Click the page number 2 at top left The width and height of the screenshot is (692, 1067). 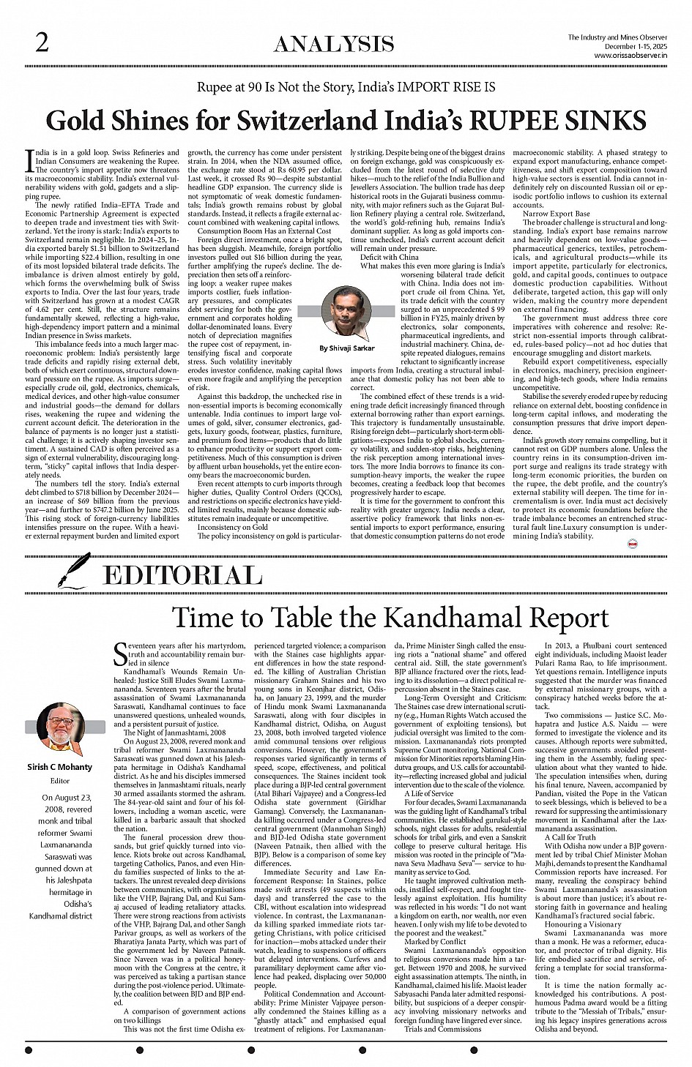(42, 43)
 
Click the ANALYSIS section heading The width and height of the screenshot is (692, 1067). (333, 46)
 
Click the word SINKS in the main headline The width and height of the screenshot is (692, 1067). (608, 121)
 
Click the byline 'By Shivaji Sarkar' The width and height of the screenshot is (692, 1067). (346, 348)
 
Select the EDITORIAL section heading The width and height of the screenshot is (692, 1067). (182, 575)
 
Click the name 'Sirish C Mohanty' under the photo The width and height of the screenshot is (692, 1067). (60, 767)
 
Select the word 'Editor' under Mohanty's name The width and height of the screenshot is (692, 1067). (61, 780)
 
